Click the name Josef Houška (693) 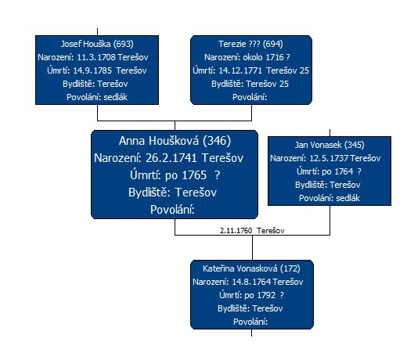[x=97, y=44]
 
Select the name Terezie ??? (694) [x=250, y=44]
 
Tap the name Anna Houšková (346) [x=175, y=141]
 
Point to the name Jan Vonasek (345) [x=330, y=145]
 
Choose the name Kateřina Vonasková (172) [x=251, y=268]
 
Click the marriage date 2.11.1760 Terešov [x=252, y=231]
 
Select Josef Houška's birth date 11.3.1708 [x=96, y=57]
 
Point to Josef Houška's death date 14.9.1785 [x=92, y=70]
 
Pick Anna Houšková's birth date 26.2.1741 [x=171, y=158]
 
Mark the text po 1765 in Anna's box [x=186, y=175]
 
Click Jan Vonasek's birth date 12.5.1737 [x=330, y=158]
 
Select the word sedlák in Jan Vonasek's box [x=348, y=198]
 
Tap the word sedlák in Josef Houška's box [x=115, y=97]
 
